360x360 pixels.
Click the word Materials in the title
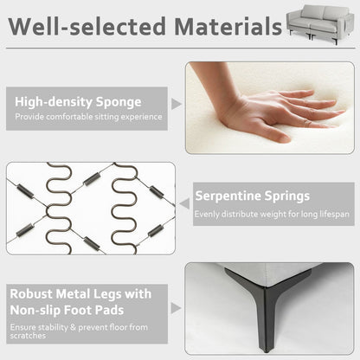[228, 27]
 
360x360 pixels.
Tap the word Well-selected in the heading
[87, 27]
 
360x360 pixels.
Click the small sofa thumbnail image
[320, 24]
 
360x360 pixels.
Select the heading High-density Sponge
[78, 102]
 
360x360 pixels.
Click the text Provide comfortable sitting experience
[88, 117]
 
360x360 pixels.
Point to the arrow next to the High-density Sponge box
[177, 104]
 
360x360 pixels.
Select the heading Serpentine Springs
[253, 196]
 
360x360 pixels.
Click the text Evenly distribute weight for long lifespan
[272, 215]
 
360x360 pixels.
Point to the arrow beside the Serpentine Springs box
[184, 203]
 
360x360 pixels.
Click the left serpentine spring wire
[59, 209]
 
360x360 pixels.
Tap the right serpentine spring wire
[124, 209]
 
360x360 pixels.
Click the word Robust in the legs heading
[31, 294]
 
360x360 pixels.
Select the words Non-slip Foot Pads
[67, 311]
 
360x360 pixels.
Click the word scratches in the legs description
[28, 336]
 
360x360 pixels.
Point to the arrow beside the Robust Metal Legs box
[176, 308]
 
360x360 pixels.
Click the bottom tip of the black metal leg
[266, 351]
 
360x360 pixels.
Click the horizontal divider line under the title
[181, 48]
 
